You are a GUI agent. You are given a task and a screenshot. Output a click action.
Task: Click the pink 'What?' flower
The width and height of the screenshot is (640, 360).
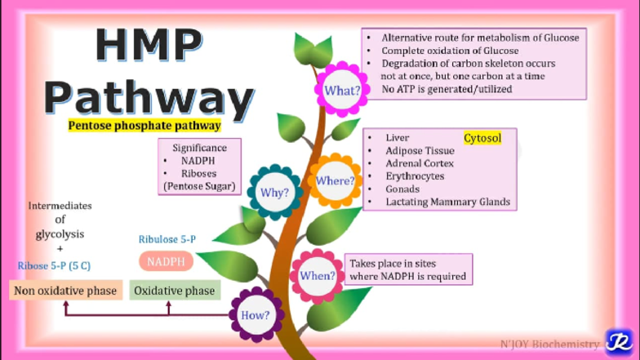click(342, 90)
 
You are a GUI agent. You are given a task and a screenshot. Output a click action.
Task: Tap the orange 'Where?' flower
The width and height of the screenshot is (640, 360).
click(335, 180)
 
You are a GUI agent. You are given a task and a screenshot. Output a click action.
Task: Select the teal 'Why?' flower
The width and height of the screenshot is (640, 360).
click(274, 193)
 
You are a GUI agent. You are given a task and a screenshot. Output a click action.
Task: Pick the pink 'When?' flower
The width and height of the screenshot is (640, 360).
click(318, 276)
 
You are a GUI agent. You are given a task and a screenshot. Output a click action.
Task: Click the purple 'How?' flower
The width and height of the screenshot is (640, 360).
click(256, 314)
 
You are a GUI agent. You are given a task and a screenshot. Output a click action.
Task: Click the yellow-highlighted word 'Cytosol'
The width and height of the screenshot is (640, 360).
click(482, 138)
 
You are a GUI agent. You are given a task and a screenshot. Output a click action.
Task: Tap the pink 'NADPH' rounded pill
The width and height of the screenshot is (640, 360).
click(166, 262)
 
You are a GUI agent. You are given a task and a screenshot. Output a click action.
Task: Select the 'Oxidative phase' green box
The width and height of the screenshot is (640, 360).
click(175, 291)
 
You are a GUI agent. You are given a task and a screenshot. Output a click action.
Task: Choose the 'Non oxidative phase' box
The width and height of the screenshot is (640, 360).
click(65, 291)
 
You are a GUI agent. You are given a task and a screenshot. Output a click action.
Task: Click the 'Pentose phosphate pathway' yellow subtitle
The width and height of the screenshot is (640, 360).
click(144, 126)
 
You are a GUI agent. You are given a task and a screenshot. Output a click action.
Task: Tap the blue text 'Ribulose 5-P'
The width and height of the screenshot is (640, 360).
click(167, 239)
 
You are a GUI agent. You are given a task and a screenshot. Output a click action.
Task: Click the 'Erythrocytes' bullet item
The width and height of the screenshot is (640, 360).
click(415, 176)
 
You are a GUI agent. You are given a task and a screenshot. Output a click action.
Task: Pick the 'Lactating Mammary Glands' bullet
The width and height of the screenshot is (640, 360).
click(447, 202)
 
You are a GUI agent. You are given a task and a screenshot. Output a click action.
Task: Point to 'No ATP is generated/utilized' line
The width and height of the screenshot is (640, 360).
click(447, 89)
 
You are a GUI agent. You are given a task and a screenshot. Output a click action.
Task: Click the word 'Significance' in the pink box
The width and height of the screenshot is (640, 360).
click(200, 149)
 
